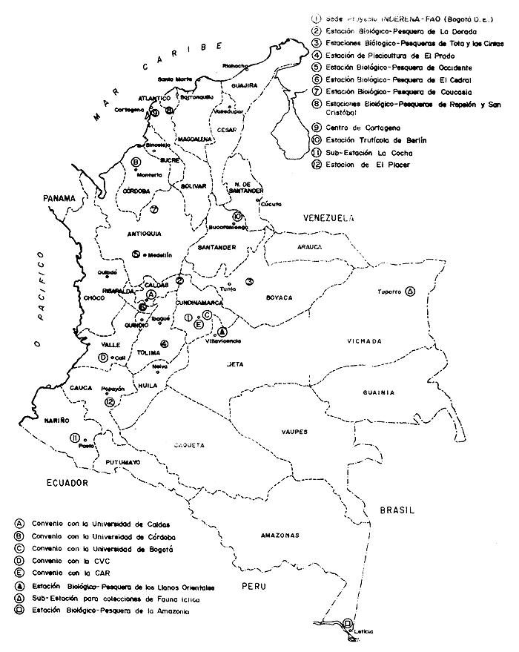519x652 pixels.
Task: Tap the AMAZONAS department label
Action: click(279, 536)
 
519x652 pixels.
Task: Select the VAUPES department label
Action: click(294, 431)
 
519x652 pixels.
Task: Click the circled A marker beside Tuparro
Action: click(411, 291)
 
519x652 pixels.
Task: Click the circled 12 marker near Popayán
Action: click(110, 401)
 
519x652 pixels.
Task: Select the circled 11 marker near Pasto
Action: click(75, 438)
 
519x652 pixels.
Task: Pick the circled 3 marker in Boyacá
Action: click(250, 281)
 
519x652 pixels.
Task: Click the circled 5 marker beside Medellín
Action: click(136, 254)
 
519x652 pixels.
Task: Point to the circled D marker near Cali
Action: click(102, 358)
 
